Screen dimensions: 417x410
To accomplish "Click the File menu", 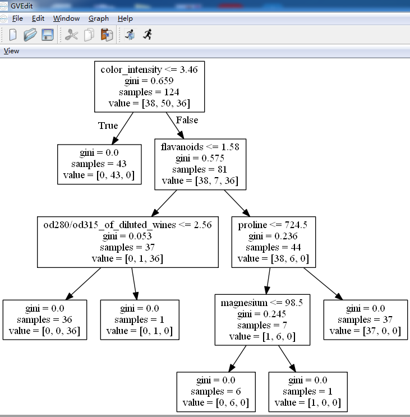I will click(x=17, y=18).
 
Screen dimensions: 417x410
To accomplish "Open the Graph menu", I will click(x=99, y=18).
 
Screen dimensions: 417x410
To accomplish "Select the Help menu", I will click(x=125, y=18).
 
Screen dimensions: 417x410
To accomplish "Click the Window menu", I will click(x=66, y=18).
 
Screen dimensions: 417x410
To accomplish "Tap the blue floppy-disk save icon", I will click(x=48, y=35).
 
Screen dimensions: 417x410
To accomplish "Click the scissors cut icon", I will click(x=71, y=35).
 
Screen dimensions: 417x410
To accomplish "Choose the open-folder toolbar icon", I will click(x=30, y=35).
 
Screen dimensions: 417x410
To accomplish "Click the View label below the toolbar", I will click(x=11, y=51).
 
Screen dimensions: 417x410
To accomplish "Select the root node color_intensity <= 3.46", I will click(x=149, y=86).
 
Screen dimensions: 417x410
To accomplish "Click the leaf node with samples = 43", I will click(x=99, y=164).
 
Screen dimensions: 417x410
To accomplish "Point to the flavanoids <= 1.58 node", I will click(x=200, y=164).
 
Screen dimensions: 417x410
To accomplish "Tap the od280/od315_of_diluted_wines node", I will click(x=127, y=241).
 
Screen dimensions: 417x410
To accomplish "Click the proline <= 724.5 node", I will click(x=273, y=241).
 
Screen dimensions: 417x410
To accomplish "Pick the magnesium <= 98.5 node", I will click(x=262, y=320).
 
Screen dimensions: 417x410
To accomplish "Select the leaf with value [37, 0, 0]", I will click(x=365, y=320).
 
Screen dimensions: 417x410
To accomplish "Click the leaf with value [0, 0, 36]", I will click(x=45, y=320).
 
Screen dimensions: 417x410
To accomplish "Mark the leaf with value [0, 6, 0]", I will click(x=215, y=392).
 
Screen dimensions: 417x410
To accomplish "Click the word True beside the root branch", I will click(x=108, y=126).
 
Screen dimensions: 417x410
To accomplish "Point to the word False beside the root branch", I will click(x=187, y=120).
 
